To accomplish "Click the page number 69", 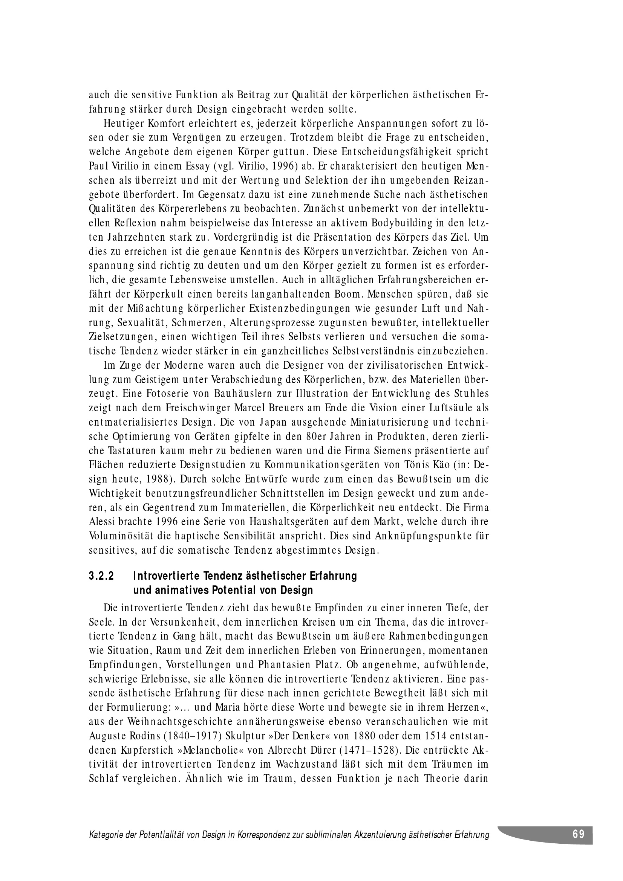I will coord(579,834).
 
